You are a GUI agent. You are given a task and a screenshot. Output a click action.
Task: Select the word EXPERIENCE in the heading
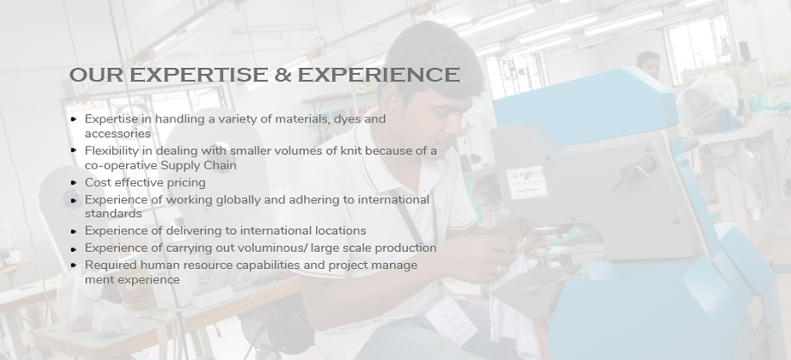coord(379,75)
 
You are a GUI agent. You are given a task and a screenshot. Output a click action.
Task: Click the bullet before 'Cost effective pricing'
coord(74,183)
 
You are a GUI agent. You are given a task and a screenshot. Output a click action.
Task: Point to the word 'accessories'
coord(118,134)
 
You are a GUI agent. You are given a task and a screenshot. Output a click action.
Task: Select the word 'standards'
coord(113,214)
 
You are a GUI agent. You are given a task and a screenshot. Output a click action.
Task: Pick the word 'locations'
coord(341,231)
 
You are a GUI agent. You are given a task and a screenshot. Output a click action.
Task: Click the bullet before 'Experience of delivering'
coord(74,231)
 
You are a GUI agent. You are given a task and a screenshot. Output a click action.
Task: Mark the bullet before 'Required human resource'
coord(74,265)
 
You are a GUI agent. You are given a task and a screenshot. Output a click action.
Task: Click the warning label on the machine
coord(527,182)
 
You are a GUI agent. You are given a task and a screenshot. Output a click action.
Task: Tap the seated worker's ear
coord(394,102)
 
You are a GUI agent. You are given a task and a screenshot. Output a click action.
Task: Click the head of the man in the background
coord(648,64)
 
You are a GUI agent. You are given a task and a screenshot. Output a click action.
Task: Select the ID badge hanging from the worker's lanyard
coord(450,321)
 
